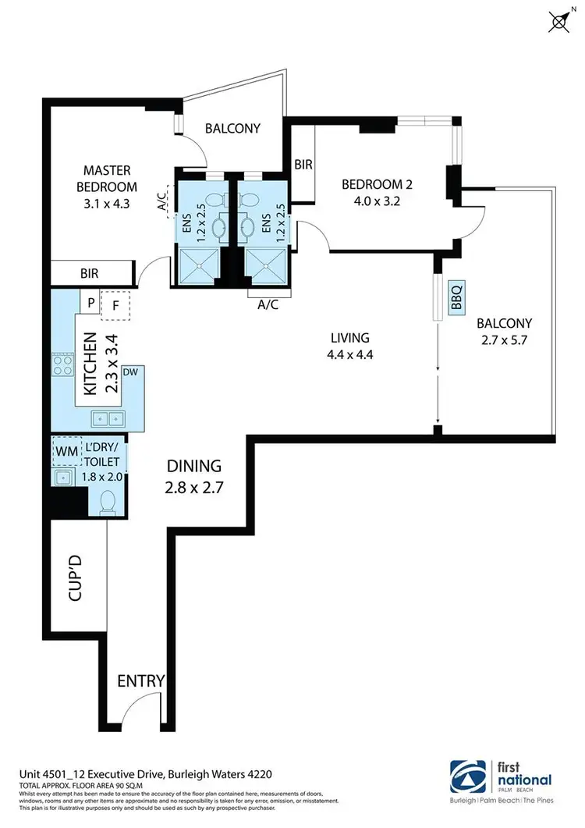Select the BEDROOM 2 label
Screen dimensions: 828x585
coord(377,185)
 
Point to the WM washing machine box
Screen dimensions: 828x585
coord(63,451)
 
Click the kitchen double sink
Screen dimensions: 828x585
coord(108,418)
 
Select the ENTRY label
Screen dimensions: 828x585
coord(140,681)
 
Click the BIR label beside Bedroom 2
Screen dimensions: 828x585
coord(303,165)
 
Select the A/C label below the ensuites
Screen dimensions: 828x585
coord(269,306)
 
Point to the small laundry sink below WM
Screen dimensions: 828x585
coord(62,477)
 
